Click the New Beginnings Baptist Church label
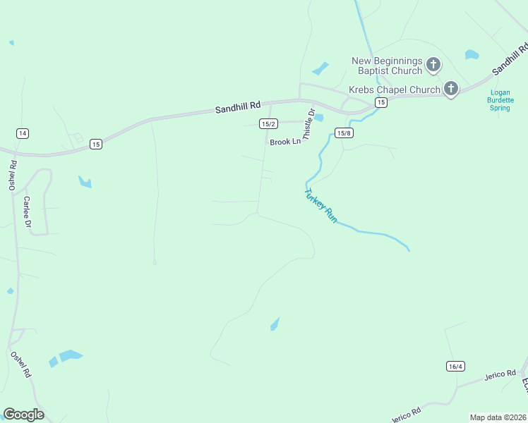coord(387,66)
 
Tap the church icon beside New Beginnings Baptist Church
coord(433,66)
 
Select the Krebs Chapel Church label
coord(395,90)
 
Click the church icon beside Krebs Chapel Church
coord(450,89)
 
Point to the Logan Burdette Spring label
coord(500,100)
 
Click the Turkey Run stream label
coord(321,205)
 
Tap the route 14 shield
coord(23,133)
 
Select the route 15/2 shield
coord(268,124)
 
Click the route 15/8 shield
coord(344,133)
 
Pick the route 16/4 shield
coord(455,366)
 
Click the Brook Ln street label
coord(285,142)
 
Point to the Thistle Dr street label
coord(308,124)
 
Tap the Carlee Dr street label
coord(28,211)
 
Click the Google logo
coord(23,415)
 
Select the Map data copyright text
coord(498,417)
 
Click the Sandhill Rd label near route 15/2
coord(238,107)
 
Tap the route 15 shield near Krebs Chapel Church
coord(380,103)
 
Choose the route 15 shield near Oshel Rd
coord(96,144)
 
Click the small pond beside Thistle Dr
coord(318,117)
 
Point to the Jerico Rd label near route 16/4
coord(500,374)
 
